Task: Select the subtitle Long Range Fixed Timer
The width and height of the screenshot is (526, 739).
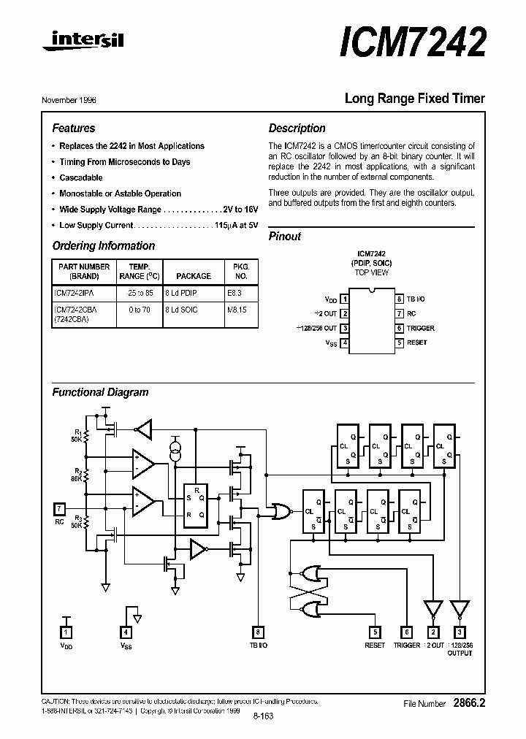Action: point(414,99)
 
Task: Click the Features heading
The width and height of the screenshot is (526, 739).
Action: point(73,128)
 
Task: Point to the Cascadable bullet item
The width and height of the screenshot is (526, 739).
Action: point(80,177)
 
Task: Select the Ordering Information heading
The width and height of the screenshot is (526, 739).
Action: point(104,246)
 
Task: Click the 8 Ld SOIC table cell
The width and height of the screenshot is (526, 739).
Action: point(182,310)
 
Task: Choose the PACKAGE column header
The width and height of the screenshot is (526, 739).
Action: point(194,276)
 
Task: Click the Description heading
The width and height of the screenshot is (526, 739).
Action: point(297,128)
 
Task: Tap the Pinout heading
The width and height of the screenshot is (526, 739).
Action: point(285,236)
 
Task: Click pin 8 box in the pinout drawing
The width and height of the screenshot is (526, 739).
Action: point(400,299)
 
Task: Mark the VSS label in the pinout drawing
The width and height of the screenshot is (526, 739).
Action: point(330,343)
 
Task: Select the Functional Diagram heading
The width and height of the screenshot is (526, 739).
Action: point(100,392)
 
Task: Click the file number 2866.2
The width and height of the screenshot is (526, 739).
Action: point(468,703)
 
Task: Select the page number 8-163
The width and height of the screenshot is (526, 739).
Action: point(262,716)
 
